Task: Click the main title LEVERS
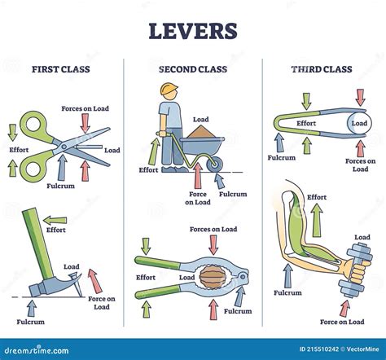(193, 31)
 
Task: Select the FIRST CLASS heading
(61, 69)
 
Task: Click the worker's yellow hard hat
(169, 89)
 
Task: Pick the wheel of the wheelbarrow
(215, 166)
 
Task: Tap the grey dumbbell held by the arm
(356, 268)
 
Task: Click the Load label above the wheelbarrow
(200, 120)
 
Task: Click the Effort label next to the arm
(317, 197)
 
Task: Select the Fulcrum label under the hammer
(32, 322)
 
